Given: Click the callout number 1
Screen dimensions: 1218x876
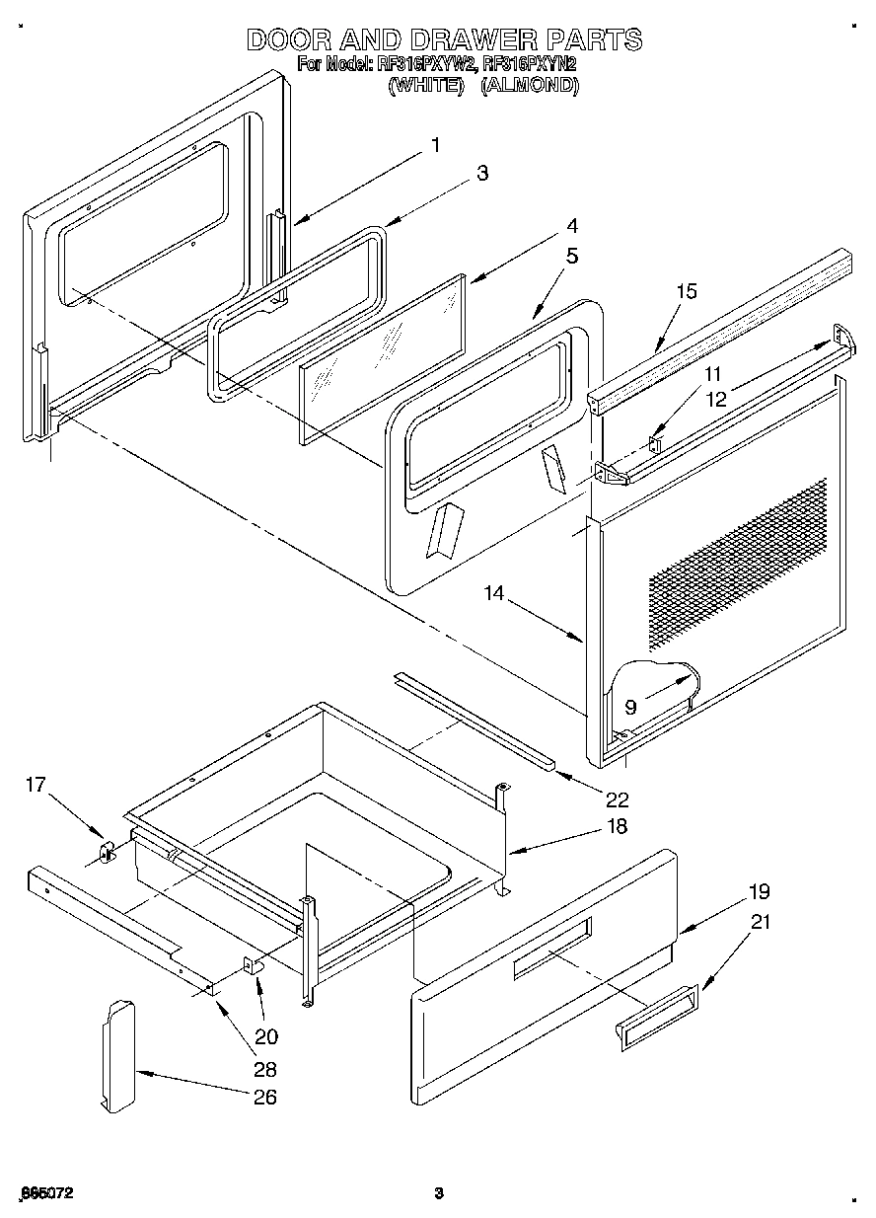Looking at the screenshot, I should click(x=435, y=145).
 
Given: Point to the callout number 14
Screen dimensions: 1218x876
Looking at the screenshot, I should click(x=493, y=592).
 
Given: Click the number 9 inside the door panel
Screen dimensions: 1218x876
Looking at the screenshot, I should click(x=630, y=707).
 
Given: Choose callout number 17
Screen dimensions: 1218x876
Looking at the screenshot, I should click(x=36, y=785).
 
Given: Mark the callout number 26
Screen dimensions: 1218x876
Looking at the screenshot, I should click(x=264, y=1097).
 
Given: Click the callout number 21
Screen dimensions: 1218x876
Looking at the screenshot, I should click(x=761, y=922).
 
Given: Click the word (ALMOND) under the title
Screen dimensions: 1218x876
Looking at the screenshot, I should click(x=530, y=85).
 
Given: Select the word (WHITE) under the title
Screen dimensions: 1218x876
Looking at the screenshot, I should click(x=426, y=85).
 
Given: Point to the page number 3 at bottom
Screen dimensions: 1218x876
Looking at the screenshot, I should click(x=439, y=1193).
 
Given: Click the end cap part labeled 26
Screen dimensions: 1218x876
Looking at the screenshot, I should click(x=117, y=1056).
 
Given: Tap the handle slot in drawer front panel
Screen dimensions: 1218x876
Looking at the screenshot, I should click(x=552, y=949).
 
